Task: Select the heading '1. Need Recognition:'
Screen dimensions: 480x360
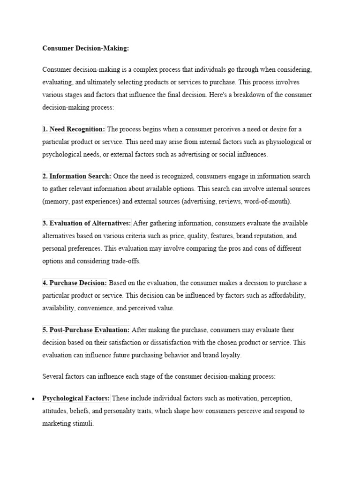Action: click(x=74, y=129)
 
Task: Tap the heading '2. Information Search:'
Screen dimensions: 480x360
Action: click(x=77, y=176)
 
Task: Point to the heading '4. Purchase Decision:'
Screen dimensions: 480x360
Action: click(x=75, y=283)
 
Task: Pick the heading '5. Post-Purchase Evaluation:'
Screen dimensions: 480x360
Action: click(x=86, y=330)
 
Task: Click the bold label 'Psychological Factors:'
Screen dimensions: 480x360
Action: click(x=76, y=398)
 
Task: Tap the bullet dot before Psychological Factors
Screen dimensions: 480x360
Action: click(x=33, y=399)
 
